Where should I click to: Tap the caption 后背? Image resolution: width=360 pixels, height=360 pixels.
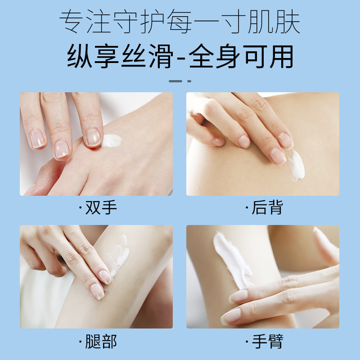click(264, 208)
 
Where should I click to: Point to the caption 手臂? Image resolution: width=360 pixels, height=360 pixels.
click(264, 341)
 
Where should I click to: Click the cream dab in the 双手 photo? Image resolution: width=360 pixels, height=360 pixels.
click(112, 140)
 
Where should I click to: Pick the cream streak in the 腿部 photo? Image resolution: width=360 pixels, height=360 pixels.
click(118, 256)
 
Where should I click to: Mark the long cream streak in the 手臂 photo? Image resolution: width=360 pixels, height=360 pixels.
click(232, 259)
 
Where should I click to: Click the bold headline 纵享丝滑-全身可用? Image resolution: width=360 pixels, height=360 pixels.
click(180, 57)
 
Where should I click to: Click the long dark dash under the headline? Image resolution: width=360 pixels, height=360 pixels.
click(175, 81)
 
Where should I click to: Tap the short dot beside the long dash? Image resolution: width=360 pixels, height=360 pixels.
click(189, 81)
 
